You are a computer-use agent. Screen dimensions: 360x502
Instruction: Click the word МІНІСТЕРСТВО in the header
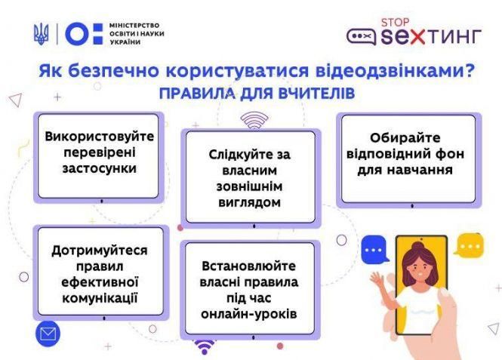point(136,25)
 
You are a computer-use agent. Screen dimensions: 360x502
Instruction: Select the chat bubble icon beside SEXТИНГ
point(361,36)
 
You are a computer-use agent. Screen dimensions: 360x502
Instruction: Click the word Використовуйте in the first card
point(99,138)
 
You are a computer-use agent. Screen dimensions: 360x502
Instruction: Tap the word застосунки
point(99,168)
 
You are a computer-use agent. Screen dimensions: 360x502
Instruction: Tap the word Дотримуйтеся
point(99,250)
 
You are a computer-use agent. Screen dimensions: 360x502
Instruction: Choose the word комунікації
point(99,297)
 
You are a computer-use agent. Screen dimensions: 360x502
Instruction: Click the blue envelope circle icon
point(47,332)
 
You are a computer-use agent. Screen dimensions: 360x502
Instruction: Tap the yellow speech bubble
point(470,246)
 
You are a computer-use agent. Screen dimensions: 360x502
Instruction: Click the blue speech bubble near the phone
point(374,249)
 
